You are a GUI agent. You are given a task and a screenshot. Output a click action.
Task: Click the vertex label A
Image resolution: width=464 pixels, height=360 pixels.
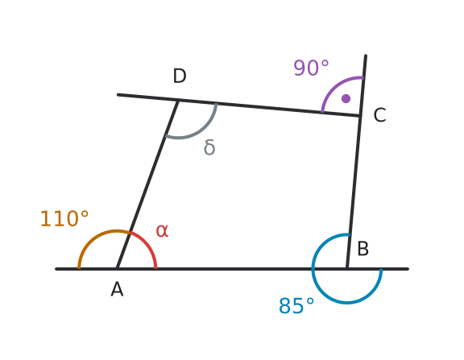tap(117, 289)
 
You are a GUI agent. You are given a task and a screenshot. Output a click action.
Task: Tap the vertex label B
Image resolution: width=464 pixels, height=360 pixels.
tap(363, 249)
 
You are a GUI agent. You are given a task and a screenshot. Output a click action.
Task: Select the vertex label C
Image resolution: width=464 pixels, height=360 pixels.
tap(379, 115)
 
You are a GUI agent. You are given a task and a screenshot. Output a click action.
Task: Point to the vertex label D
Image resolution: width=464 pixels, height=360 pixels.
tap(180, 76)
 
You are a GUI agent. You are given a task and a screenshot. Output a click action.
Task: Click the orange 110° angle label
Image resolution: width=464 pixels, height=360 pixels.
tap(64, 218)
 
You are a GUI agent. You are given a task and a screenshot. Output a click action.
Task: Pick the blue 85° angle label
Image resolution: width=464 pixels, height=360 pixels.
tap(296, 305)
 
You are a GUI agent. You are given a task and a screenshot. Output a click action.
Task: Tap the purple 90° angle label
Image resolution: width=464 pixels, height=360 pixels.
tap(311, 68)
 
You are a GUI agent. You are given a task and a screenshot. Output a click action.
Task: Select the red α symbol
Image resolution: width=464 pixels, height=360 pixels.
tap(162, 230)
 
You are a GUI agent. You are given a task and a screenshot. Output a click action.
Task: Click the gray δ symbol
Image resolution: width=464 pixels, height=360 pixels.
tap(209, 147)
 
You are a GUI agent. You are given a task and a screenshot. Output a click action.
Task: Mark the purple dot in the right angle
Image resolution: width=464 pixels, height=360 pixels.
tap(346, 98)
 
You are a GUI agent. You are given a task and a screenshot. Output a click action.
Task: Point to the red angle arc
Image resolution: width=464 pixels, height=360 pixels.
tap(147, 245)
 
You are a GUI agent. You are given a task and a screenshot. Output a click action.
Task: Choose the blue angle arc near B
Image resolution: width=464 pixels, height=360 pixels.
tap(347, 303)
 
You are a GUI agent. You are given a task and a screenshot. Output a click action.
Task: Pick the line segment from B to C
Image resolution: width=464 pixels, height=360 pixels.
tap(354, 192)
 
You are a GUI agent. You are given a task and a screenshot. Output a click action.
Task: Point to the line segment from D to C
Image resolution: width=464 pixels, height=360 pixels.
tap(269, 108)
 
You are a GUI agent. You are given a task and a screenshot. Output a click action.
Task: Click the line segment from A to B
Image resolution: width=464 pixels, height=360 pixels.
tap(232, 269)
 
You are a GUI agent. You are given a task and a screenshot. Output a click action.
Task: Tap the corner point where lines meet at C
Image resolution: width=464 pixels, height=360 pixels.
tap(360, 116)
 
